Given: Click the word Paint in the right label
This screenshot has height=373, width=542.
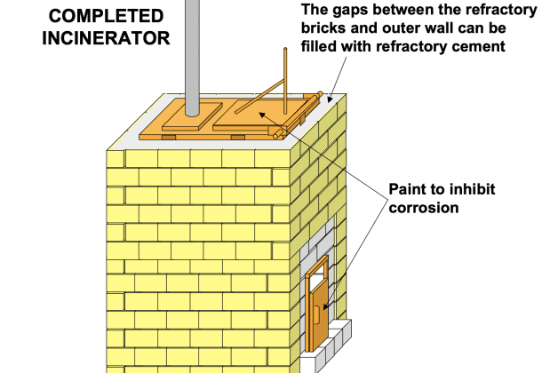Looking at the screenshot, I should tap(405, 190).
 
